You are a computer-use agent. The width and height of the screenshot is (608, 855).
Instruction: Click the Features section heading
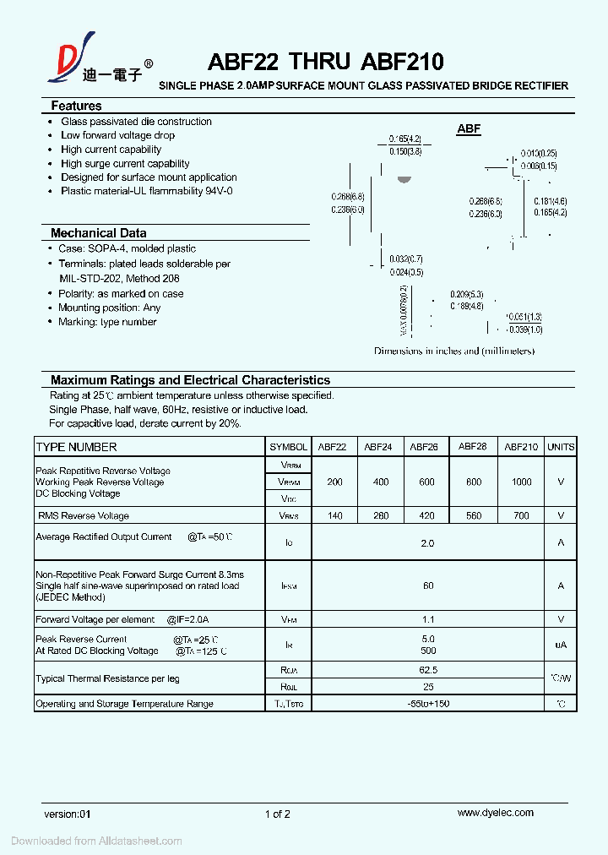point(76,106)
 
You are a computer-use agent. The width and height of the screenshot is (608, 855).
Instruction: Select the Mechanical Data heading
point(98,233)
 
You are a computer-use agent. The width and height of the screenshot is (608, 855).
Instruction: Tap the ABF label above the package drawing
point(469,129)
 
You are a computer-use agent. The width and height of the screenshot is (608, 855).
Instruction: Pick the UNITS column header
point(561,447)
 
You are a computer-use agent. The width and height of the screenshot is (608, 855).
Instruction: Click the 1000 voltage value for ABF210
point(522,482)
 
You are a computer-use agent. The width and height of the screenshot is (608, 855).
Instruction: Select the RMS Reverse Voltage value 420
point(426,515)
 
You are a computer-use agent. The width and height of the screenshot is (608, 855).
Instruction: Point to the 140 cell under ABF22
point(334,515)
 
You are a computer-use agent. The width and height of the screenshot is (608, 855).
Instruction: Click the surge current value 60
point(428,585)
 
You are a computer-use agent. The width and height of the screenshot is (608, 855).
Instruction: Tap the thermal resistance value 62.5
point(428,670)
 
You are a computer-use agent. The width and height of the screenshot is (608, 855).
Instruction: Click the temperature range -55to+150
point(428,704)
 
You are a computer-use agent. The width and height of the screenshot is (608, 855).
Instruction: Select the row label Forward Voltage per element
point(95,619)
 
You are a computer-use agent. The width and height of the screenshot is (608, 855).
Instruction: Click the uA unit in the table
point(561,645)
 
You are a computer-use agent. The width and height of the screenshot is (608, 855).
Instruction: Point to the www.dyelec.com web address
point(495,813)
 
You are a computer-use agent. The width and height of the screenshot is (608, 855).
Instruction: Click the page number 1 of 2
point(278,814)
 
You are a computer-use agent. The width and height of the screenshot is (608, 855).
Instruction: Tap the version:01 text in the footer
point(67,814)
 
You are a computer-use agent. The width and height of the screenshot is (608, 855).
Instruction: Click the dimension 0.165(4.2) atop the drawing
point(404,139)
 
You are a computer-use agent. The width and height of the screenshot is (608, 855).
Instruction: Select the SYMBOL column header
point(288,447)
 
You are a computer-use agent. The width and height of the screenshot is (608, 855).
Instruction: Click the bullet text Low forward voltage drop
point(117,135)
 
